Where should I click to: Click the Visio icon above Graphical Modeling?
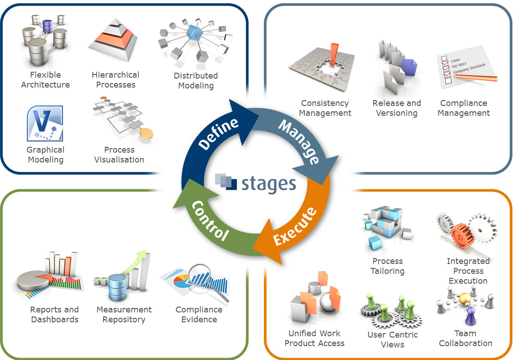(x=44, y=124)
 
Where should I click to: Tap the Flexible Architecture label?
(x=45, y=80)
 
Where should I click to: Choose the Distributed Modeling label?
(x=196, y=81)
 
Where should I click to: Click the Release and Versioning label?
(x=397, y=108)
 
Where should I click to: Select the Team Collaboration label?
(x=465, y=338)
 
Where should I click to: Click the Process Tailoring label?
(x=387, y=266)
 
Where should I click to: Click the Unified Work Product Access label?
(x=315, y=338)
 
